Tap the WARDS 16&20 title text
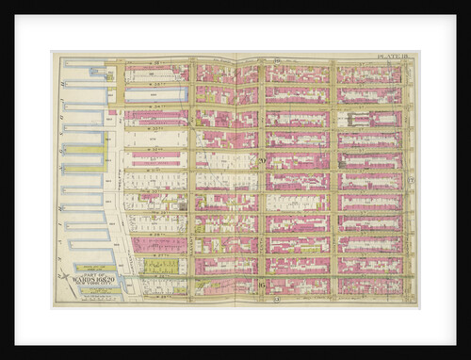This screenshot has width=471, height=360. click(x=88, y=279)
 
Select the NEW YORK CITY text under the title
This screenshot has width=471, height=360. click(x=88, y=286)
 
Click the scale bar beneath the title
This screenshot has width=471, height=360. click(x=88, y=292)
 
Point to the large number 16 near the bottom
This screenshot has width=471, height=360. click(x=261, y=284)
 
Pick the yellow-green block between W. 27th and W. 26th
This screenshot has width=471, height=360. click(x=155, y=266)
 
